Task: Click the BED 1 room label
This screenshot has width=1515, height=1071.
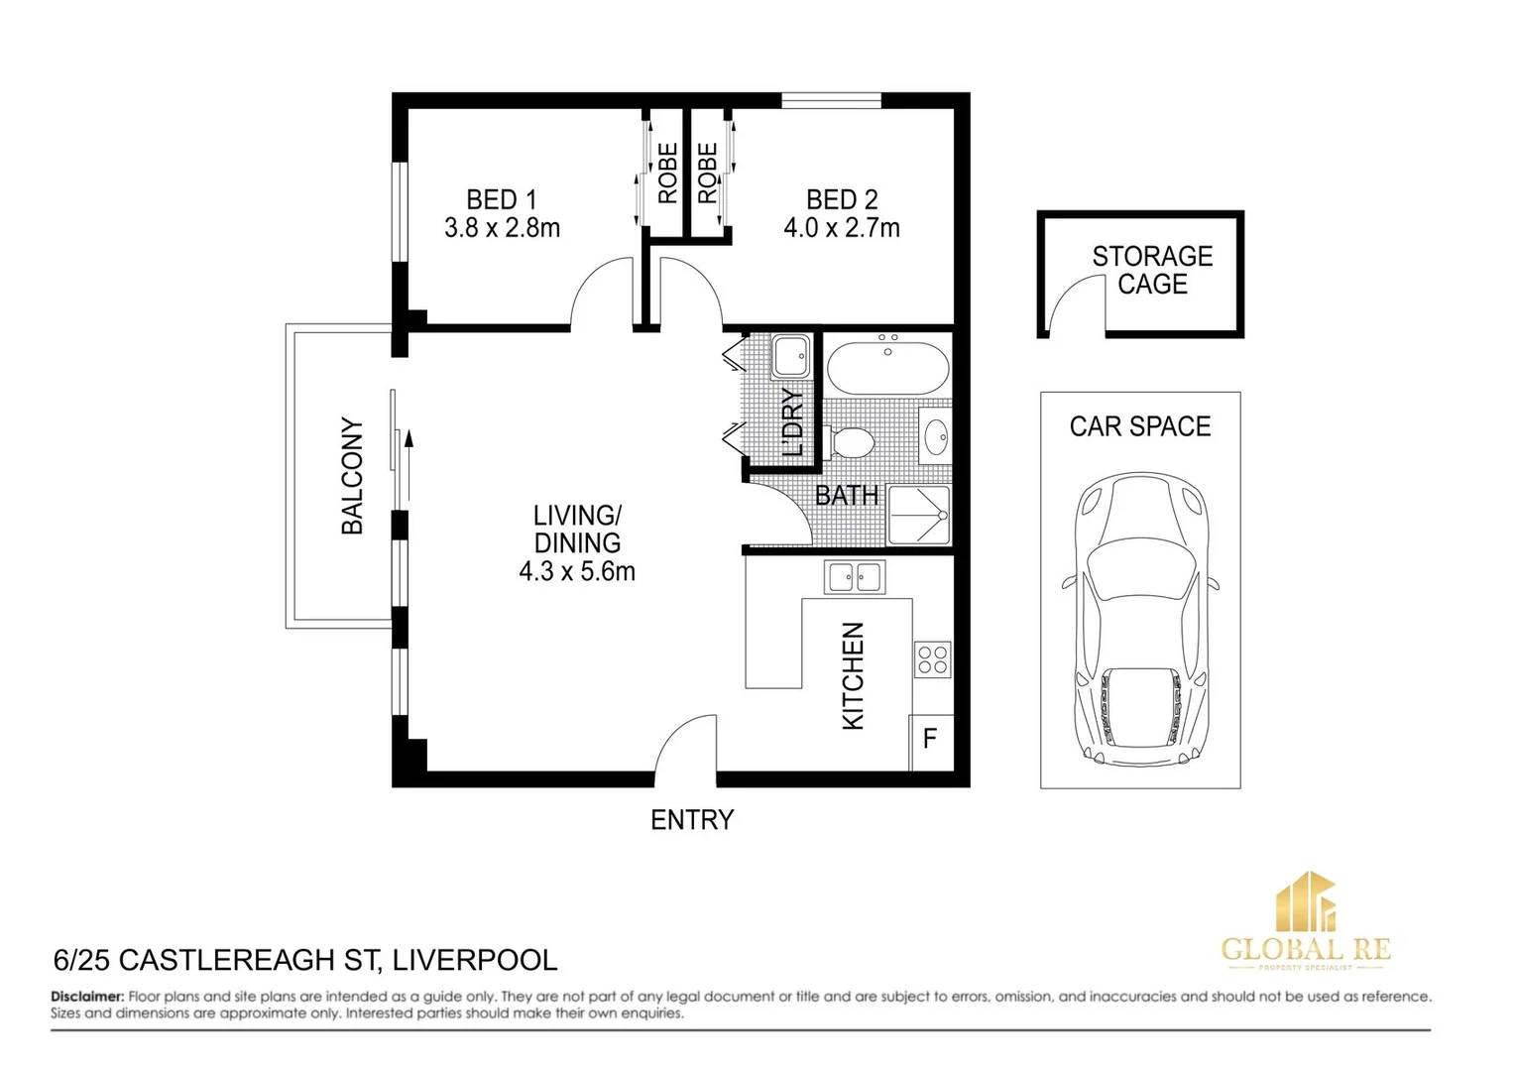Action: tap(502, 199)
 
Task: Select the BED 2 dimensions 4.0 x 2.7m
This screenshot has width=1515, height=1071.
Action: tap(842, 229)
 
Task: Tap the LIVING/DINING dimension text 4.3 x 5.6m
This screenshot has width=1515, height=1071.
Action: tap(577, 572)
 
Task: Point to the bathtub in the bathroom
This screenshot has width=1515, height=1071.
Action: tap(887, 368)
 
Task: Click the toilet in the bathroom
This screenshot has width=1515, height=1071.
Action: tap(850, 442)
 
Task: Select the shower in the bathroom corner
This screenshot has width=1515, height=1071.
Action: tap(919, 515)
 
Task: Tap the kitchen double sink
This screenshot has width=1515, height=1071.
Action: tap(855, 576)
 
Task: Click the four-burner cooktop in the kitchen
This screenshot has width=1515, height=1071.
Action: tap(932, 659)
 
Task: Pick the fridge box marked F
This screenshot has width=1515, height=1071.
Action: tap(930, 740)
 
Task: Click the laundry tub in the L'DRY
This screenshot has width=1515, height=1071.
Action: tap(790, 356)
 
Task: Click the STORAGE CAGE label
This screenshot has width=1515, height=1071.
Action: tap(1152, 271)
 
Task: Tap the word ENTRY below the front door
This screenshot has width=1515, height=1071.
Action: tap(692, 820)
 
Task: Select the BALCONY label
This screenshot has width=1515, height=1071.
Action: tap(353, 476)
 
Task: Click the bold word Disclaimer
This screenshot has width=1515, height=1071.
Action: tap(87, 997)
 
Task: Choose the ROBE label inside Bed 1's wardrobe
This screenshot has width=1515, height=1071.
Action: tap(668, 174)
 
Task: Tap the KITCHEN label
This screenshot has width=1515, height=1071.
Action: tap(853, 676)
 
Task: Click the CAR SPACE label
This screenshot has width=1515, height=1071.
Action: tap(1140, 426)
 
